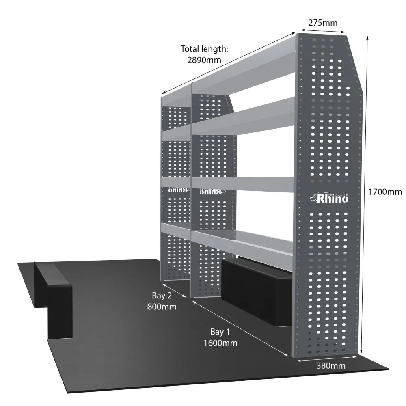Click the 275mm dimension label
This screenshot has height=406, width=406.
pos(323,22)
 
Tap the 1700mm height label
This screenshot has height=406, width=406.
pos(385,192)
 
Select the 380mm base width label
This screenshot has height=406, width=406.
pos(331,366)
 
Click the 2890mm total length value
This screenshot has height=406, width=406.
pos(204,60)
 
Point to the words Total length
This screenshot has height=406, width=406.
pos(204,50)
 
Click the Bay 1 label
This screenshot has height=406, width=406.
pos(220,332)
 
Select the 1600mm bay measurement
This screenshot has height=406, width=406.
pos(220,343)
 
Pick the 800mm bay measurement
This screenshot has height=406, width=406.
pos(162,307)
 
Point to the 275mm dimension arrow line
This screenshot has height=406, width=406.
pos(323,31)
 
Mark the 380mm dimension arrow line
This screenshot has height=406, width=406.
pos(327,358)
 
